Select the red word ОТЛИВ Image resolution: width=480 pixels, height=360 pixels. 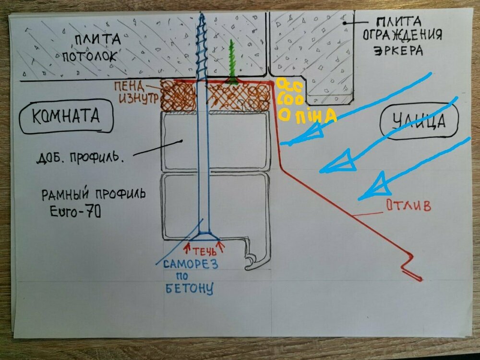[x=408, y=206]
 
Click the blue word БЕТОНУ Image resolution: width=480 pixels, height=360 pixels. [x=189, y=289]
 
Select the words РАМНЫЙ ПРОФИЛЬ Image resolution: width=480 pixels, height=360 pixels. [x=94, y=195]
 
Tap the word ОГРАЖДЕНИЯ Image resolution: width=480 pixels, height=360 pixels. [x=402, y=36]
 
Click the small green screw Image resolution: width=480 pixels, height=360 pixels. [x=232, y=62]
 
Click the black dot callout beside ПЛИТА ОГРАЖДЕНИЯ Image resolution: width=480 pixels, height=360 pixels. [x=345, y=23]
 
